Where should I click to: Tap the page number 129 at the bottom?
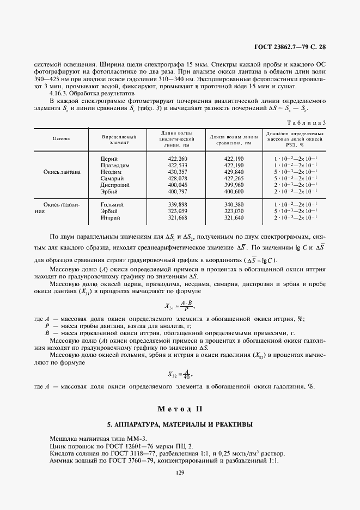pos(180,472)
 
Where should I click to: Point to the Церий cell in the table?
pos(109,159)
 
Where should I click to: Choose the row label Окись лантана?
pos(62,172)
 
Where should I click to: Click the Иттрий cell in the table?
pos(111,217)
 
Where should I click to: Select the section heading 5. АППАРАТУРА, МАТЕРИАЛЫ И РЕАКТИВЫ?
pos(180,424)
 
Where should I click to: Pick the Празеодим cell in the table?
pos(115,165)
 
